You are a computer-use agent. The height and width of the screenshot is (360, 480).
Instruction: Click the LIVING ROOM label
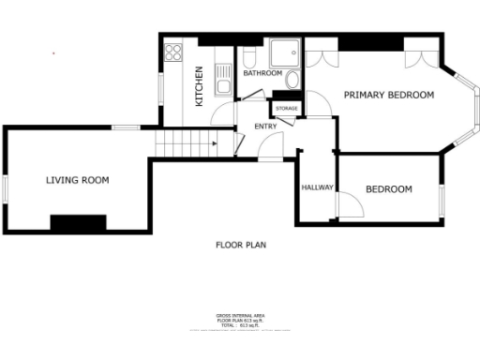click(x=78, y=180)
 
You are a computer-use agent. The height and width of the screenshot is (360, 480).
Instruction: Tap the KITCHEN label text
click(x=199, y=86)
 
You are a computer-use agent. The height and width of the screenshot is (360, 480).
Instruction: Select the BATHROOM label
click(x=262, y=73)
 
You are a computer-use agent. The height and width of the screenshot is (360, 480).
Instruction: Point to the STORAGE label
click(x=287, y=109)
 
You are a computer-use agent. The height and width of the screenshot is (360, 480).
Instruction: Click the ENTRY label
click(x=264, y=127)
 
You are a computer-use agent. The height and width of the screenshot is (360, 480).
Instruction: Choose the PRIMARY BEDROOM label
click(x=388, y=96)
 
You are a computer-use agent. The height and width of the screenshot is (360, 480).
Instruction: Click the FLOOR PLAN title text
click(x=241, y=245)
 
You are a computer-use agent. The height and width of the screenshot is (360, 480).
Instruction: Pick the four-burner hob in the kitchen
click(x=173, y=52)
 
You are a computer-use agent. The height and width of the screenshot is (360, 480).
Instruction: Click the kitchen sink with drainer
click(x=222, y=76)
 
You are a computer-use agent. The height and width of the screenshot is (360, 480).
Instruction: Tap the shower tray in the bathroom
click(x=280, y=52)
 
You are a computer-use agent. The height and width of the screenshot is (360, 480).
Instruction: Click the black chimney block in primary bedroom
click(x=369, y=44)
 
